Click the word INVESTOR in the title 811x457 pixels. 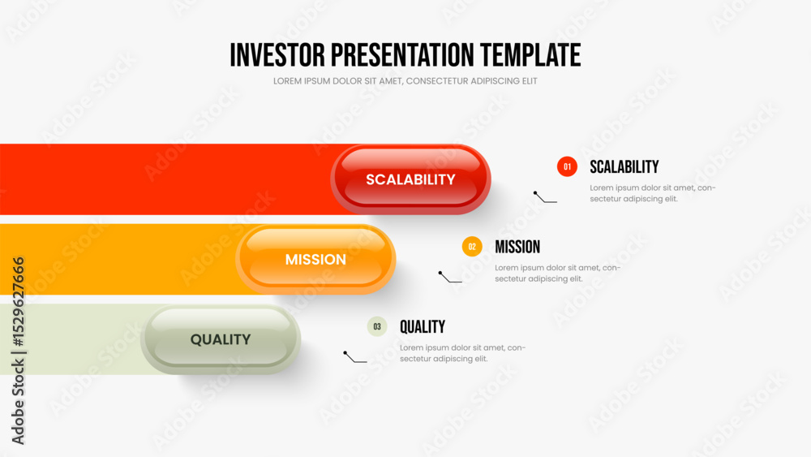[x=277, y=55]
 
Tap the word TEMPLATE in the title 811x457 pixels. [x=530, y=55]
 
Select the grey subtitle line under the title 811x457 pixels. [x=405, y=81]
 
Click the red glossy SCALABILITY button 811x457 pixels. [x=410, y=179]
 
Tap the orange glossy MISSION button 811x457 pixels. [x=315, y=259]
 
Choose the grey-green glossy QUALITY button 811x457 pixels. [x=221, y=339]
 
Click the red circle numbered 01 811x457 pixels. [x=567, y=166]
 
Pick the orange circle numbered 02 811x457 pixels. [x=472, y=246]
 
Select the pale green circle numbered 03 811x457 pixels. [x=377, y=326]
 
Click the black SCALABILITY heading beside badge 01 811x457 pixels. [x=624, y=166]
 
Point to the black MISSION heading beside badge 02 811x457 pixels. [x=517, y=247]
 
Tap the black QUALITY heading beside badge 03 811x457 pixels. [x=422, y=326]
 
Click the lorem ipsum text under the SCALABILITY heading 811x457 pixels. [x=653, y=193]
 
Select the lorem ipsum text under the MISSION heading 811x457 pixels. [x=558, y=274]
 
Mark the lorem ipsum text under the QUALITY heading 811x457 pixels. [x=462, y=353]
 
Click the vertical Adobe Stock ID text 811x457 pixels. [x=18, y=351]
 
